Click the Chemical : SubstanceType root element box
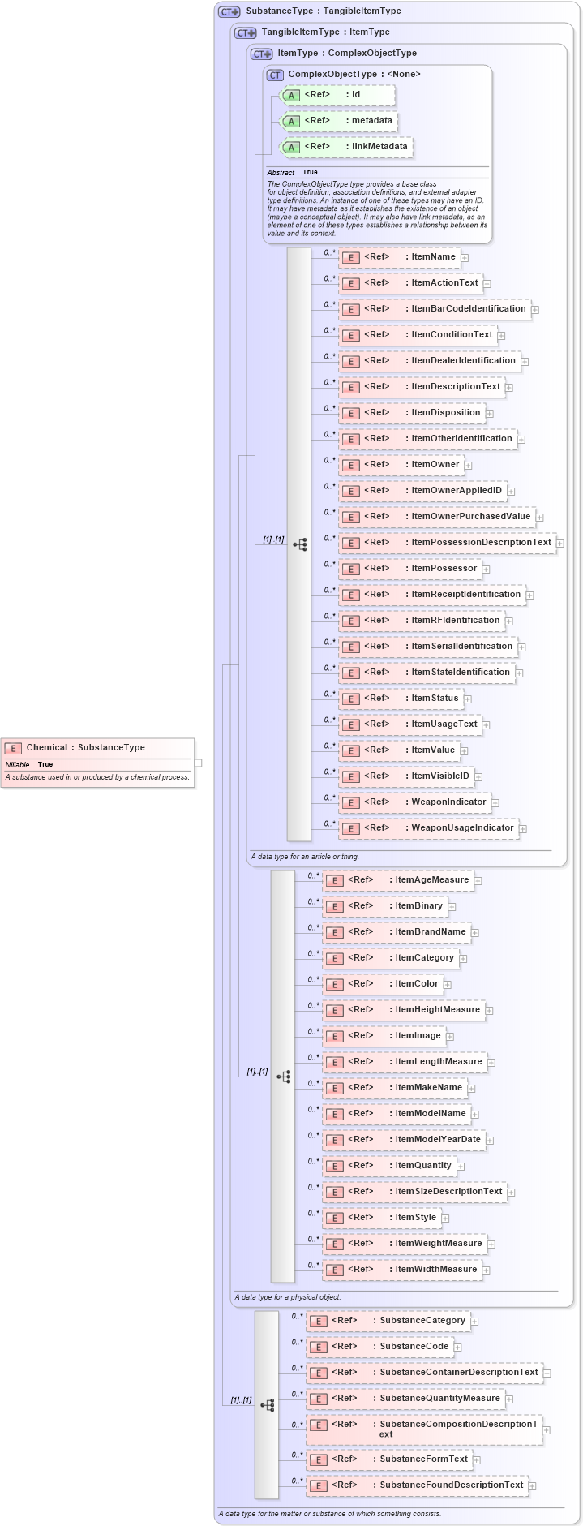(97, 748)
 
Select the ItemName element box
(399, 257)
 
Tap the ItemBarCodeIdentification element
(434, 309)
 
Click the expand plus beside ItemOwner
(468, 466)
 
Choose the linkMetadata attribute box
(346, 147)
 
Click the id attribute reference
(337, 95)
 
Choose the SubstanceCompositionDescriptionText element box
(423, 1429)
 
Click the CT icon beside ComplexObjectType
(275, 75)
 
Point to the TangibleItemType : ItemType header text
(325, 32)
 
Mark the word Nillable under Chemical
(17, 764)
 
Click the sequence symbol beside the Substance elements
(267, 1404)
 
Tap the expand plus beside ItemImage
(450, 1036)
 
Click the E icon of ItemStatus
(350, 699)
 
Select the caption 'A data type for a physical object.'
(287, 1296)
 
